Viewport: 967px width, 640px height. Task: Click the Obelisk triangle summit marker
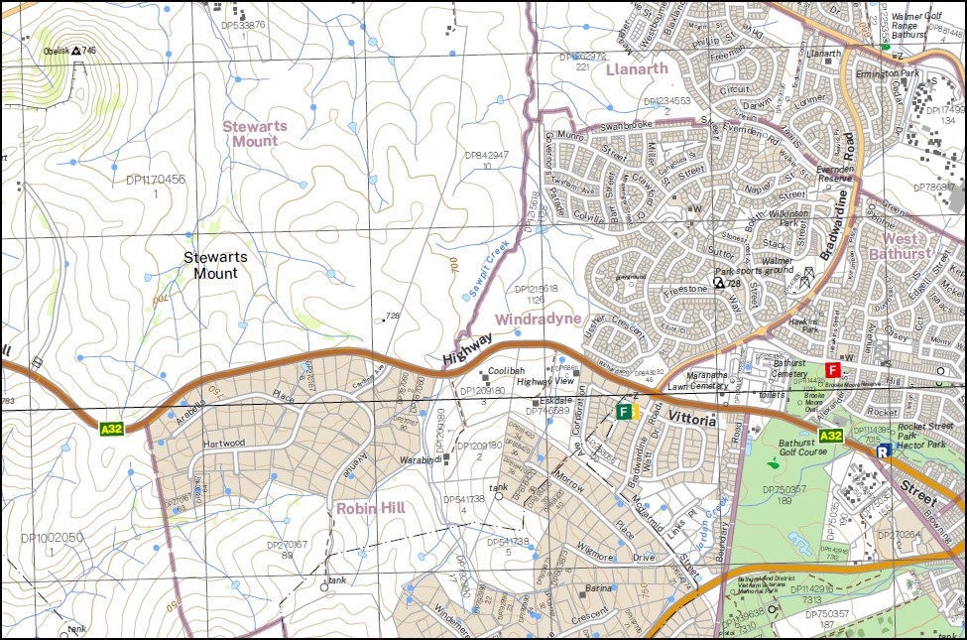coord(75,50)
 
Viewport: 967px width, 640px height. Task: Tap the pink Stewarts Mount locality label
coord(250,133)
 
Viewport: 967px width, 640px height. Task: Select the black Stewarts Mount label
coord(216,264)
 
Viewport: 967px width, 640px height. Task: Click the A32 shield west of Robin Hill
coord(112,429)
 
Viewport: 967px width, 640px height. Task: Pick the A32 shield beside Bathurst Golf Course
coord(831,436)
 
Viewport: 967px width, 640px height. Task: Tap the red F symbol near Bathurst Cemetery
coord(832,370)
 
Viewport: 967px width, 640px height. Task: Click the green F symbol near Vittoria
coord(624,411)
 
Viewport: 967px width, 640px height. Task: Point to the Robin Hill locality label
coord(367,508)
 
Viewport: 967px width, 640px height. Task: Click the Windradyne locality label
coord(537,319)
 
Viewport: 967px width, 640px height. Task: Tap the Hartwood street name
coord(225,444)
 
